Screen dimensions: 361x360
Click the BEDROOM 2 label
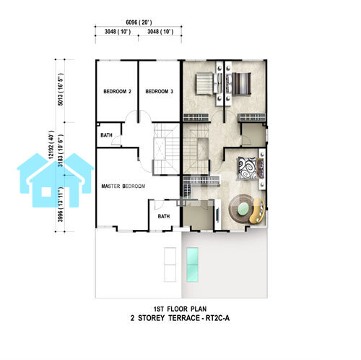[x=117, y=91]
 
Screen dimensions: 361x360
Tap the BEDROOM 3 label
[x=159, y=91]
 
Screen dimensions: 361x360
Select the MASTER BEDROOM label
[x=123, y=186]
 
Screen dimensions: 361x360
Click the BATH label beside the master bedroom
[x=164, y=216]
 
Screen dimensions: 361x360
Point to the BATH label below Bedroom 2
[x=106, y=135]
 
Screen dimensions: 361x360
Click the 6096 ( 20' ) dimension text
[x=139, y=22]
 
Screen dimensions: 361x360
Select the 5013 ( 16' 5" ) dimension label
[x=61, y=89]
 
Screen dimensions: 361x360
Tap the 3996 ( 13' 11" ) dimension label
[x=61, y=205]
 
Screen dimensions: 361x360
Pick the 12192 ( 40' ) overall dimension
[x=51, y=145]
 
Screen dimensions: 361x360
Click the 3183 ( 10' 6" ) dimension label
[x=61, y=150]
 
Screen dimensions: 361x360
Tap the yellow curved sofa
[x=258, y=211]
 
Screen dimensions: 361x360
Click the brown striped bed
[x=239, y=83]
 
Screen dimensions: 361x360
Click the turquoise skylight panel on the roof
[x=192, y=265]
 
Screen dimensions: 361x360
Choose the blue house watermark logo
[x=55, y=180]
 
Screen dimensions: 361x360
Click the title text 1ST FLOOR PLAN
[x=180, y=309]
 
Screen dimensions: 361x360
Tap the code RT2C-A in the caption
[x=217, y=318]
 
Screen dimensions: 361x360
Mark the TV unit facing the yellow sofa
[x=217, y=214]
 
